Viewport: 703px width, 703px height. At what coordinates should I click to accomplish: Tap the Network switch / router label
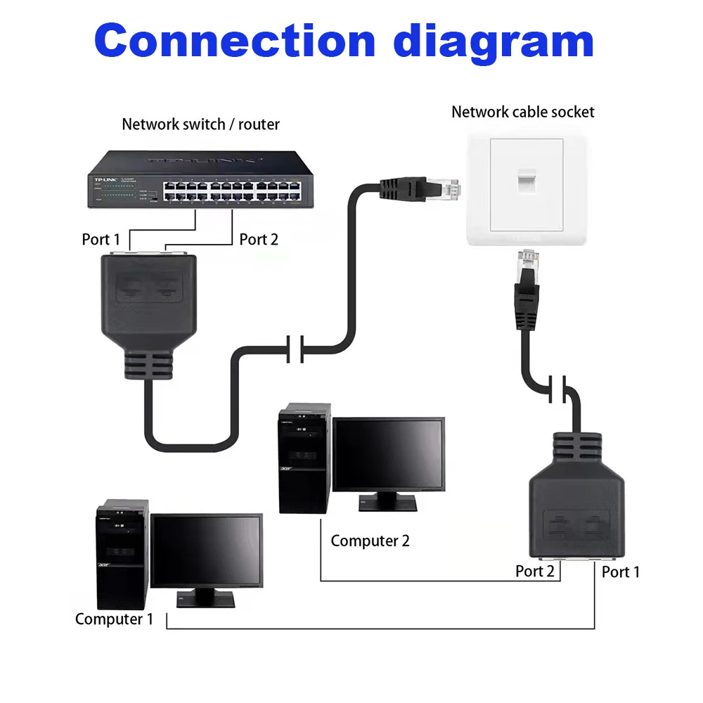click(x=200, y=124)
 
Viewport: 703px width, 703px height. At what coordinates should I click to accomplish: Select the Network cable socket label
click(x=522, y=112)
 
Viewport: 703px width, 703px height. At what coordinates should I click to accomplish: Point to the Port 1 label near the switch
click(x=96, y=239)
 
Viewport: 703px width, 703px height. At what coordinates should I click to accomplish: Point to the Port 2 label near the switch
click(x=259, y=239)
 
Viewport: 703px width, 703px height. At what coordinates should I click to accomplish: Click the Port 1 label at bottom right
click(x=621, y=572)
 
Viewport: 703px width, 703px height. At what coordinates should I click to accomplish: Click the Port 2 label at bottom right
click(x=534, y=571)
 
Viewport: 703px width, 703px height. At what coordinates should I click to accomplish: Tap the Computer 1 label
click(x=114, y=619)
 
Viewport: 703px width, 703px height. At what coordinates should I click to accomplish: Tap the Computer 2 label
click(x=370, y=541)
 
